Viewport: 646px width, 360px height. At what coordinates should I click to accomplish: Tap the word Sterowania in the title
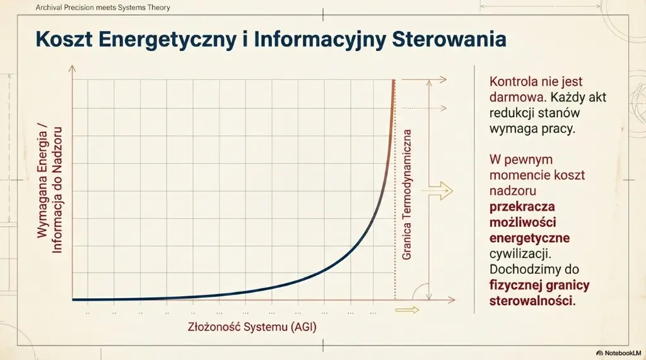coord(449,39)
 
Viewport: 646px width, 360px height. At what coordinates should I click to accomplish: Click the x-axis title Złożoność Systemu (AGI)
coord(252,327)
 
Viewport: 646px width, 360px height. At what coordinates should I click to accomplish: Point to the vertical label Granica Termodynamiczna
coord(408,195)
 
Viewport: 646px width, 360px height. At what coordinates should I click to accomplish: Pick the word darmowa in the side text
coord(513,98)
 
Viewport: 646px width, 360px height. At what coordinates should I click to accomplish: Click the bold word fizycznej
coord(516,285)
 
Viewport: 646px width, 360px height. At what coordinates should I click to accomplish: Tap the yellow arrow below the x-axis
coord(407,310)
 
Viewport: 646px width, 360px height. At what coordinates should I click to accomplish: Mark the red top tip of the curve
coord(394,82)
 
